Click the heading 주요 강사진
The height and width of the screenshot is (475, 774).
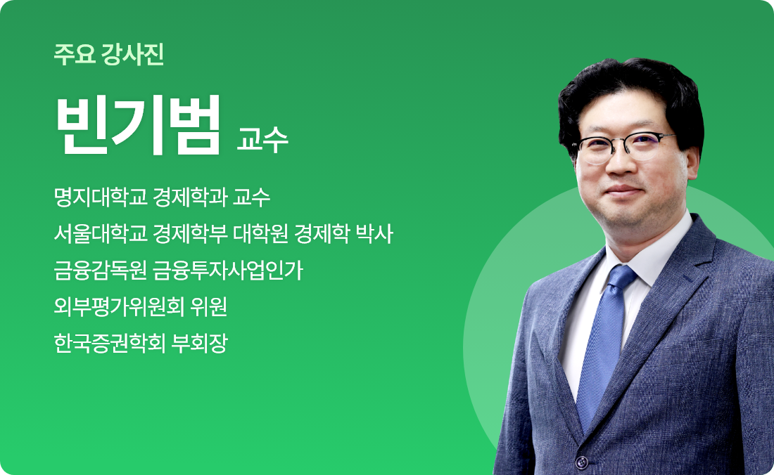point(109,54)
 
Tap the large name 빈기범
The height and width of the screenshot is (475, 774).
point(138,125)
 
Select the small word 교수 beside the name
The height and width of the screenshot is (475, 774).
point(262,139)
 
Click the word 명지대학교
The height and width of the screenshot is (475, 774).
point(101,197)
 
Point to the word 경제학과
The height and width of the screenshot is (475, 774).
point(190,197)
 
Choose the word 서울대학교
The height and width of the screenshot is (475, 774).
point(101,233)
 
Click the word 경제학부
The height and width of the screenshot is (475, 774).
point(190,233)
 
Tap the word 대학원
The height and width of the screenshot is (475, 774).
point(260,233)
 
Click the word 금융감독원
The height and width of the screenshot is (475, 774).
point(101,270)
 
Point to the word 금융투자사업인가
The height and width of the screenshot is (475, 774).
point(227,270)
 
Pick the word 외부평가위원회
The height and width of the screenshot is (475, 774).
point(119,306)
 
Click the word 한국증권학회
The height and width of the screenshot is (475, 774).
point(110,343)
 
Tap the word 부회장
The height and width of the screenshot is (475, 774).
point(199,343)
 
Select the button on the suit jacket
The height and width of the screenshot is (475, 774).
point(581,462)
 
